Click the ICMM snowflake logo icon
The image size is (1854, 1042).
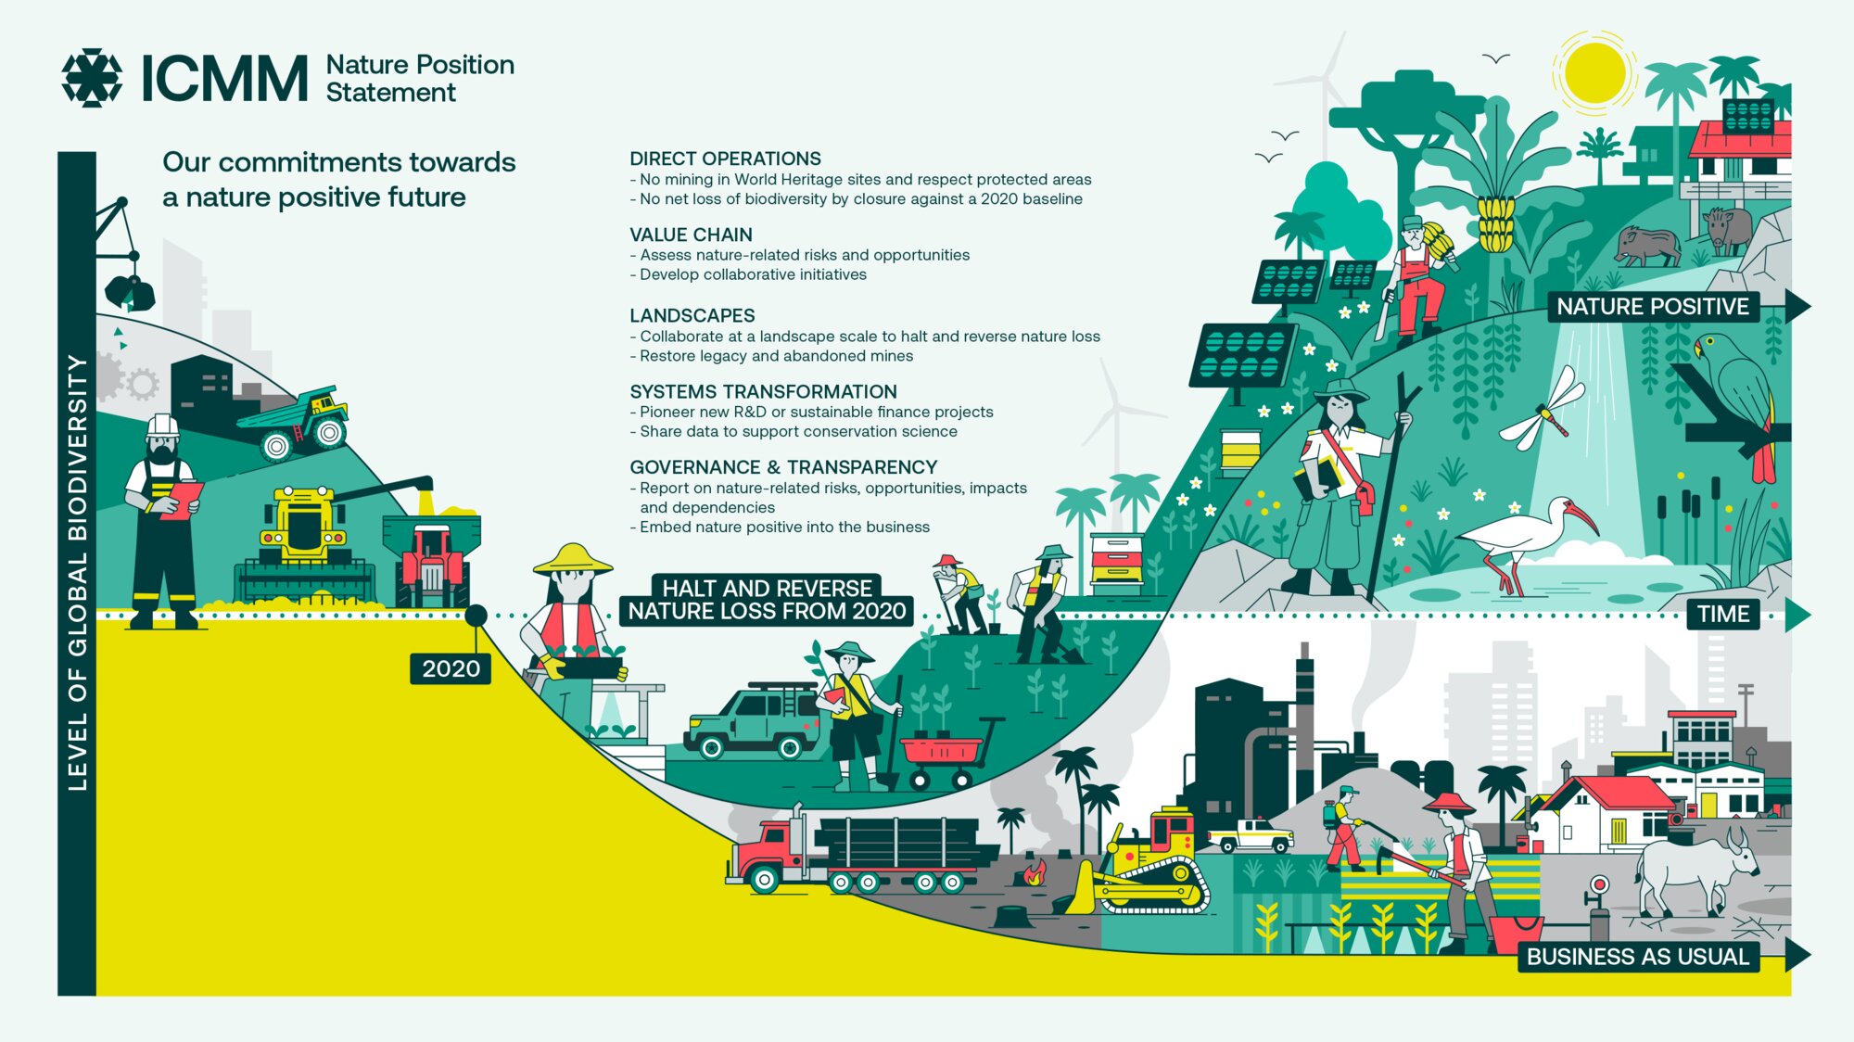tap(92, 78)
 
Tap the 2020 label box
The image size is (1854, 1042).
tap(451, 668)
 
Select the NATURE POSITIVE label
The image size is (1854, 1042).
tap(1653, 307)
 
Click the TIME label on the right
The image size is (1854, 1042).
tap(1723, 614)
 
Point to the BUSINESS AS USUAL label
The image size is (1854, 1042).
tap(1638, 957)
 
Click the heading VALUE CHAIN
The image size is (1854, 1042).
tap(691, 235)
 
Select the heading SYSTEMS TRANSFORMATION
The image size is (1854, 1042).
tap(763, 391)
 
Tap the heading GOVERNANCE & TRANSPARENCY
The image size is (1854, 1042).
tap(783, 467)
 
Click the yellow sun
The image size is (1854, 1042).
tap(1594, 72)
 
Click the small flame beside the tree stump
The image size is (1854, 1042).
tap(1034, 872)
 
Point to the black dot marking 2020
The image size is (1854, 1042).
tap(476, 615)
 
